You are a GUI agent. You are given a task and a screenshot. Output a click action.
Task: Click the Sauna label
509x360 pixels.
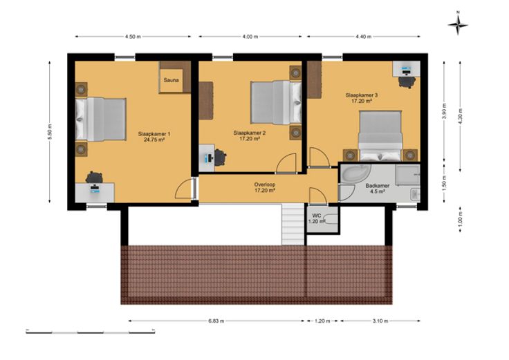(x=171, y=79)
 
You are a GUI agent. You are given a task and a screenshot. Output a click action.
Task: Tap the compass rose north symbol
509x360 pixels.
(x=458, y=25)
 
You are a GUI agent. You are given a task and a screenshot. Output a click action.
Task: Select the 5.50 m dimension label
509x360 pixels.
(x=50, y=132)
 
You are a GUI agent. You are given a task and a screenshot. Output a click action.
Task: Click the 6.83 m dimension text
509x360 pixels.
(x=216, y=321)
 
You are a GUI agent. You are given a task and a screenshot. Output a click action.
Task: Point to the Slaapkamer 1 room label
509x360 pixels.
(x=154, y=134)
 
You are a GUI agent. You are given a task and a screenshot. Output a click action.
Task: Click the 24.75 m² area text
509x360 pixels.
(x=154, y=140)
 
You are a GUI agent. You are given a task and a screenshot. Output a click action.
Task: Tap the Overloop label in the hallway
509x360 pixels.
(x=265, y=184)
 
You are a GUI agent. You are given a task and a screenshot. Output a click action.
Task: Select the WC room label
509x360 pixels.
(x=317, y=216)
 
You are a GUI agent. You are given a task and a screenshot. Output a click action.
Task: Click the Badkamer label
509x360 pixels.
(x=377, y=186)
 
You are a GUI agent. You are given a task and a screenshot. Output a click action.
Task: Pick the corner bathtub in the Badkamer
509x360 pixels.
(x=355, y=174)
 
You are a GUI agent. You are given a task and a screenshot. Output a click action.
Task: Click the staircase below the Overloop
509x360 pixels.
(x=293, y=224)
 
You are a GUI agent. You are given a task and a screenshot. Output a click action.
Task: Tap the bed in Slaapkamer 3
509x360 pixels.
(x=380, y=136)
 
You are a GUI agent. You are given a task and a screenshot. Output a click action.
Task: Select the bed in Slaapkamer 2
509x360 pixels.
(x=276, y=102)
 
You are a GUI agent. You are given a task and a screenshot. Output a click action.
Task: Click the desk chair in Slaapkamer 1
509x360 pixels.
(x=94, y=177)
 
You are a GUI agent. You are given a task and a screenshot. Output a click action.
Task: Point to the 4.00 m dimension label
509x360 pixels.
(x=250, y=37)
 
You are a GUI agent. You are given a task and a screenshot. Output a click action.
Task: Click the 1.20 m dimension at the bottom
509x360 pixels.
(x=322, y=321)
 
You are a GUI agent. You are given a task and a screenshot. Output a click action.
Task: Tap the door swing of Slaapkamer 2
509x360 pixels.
(x=286, y=163)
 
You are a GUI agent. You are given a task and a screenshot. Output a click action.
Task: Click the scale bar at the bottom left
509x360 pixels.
(x=90, y=332)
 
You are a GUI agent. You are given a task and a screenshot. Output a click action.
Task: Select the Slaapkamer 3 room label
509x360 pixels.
(x=361, y=95)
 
